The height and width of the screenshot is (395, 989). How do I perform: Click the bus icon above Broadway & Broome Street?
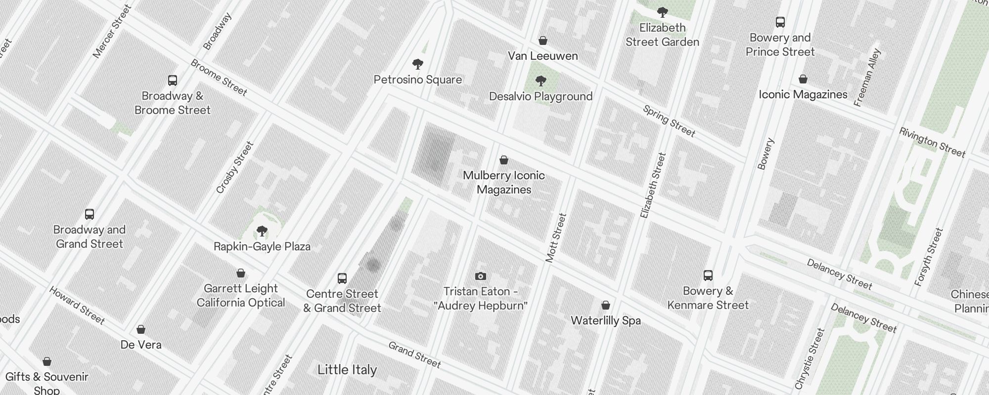coord(173,80)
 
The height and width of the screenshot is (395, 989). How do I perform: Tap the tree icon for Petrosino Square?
coord(418,64)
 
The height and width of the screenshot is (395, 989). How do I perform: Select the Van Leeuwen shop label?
coord(542,56)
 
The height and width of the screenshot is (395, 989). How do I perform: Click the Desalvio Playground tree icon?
coord(541,81)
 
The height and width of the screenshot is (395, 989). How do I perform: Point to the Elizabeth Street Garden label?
coord(662,35)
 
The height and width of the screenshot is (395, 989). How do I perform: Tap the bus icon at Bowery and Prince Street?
coord(780,22)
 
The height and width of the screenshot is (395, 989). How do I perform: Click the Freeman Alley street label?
coord(867,78)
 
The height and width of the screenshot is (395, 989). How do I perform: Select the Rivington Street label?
coord(932,142)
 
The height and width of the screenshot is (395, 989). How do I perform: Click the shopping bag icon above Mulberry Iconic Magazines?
coord(504,160)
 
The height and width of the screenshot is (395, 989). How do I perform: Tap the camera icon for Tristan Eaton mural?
coord(480,276)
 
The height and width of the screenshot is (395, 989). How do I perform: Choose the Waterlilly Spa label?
coord(605,320)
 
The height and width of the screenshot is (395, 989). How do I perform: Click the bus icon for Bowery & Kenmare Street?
coord(708,276)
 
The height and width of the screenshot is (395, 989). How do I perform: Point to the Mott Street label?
coord(556,237)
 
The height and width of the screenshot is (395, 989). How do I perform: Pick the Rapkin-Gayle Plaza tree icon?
coord(262,231)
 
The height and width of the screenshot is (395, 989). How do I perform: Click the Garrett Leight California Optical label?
coord(241,295)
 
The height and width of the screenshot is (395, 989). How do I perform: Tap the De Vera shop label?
coord(141,345)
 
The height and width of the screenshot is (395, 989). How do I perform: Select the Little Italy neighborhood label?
coord(347,369)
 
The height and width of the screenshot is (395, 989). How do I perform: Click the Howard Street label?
coord(77,305)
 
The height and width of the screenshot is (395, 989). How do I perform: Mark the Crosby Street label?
coord(235,167)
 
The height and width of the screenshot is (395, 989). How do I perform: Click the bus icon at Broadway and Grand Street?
coord(90,214)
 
